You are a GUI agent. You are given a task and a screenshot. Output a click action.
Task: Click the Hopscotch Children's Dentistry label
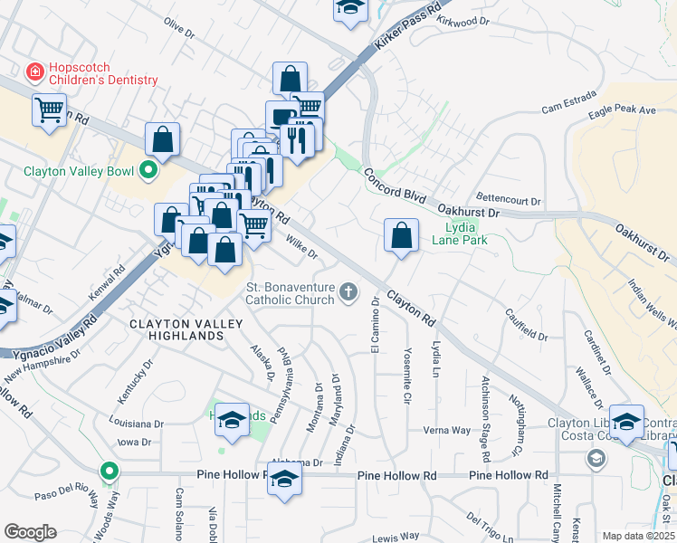[x=103, y=73]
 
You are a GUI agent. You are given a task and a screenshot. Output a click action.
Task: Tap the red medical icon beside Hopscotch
[x=34, y=70]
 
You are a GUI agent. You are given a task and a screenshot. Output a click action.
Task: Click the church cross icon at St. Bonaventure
[x=349, y=291]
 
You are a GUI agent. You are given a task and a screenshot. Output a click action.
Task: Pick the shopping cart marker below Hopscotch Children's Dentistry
[x=49, y=110]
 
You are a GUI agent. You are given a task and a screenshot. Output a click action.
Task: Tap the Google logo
[x=31, y=532]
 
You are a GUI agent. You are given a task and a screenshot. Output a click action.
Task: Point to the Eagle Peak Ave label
[x=622, y=110]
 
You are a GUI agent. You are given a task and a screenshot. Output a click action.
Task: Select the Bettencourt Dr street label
[x=508, y=201]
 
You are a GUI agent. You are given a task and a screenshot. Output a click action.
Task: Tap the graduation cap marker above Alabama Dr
[x=232, y=418]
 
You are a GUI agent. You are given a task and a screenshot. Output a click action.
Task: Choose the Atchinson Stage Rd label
[x=486, y=414]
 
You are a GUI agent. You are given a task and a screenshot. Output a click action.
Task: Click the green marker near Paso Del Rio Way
[x=110, y=471]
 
